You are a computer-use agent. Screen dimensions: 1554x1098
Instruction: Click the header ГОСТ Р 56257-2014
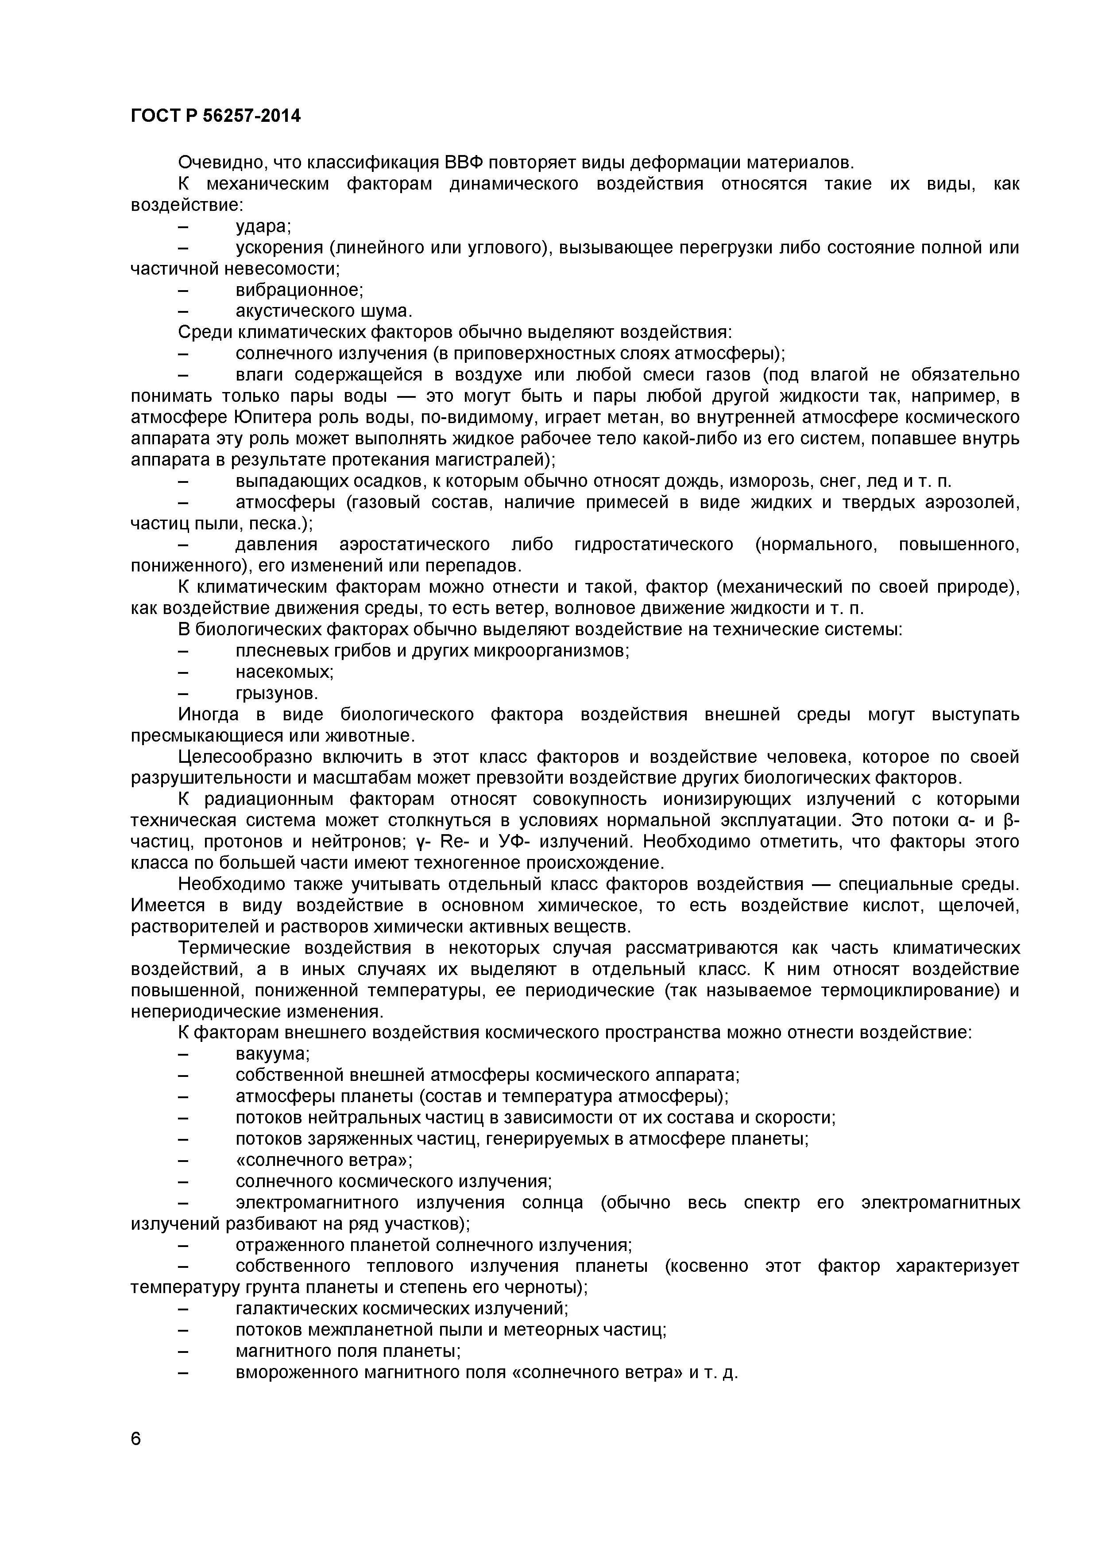(x=215, y=117)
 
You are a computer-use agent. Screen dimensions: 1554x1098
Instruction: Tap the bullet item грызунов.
(x=276, y=694)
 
